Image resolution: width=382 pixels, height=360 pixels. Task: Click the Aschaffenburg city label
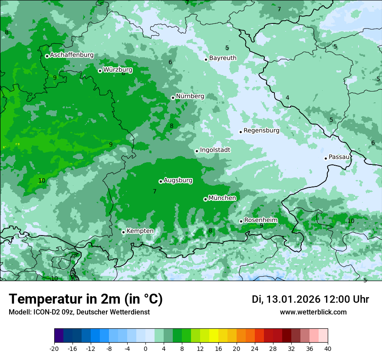72,55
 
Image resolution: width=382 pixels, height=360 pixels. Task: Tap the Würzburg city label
118,70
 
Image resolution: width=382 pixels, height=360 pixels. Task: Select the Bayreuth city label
223,58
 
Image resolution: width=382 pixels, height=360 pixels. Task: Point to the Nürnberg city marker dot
173,98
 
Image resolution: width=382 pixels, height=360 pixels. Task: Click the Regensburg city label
261,131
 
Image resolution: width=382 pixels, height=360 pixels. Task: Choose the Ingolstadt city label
215,150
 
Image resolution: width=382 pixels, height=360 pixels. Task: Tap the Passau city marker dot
326,158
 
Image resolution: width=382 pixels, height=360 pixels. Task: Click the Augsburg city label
178,180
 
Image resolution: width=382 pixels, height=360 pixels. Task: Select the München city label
222,198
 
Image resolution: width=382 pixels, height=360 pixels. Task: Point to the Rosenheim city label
260,220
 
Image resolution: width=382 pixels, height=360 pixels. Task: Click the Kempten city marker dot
123,232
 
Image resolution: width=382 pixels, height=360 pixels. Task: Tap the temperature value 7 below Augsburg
155,191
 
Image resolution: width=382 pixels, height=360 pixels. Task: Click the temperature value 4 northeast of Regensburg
287,98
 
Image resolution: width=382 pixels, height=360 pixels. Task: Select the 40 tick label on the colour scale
327,348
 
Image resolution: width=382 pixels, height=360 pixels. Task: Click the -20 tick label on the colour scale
54,348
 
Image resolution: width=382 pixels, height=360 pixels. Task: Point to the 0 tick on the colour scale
145,348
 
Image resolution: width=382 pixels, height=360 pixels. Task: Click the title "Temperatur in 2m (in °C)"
86,299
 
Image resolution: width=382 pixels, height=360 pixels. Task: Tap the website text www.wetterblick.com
313,312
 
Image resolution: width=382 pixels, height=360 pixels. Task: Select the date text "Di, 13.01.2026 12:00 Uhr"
310,299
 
